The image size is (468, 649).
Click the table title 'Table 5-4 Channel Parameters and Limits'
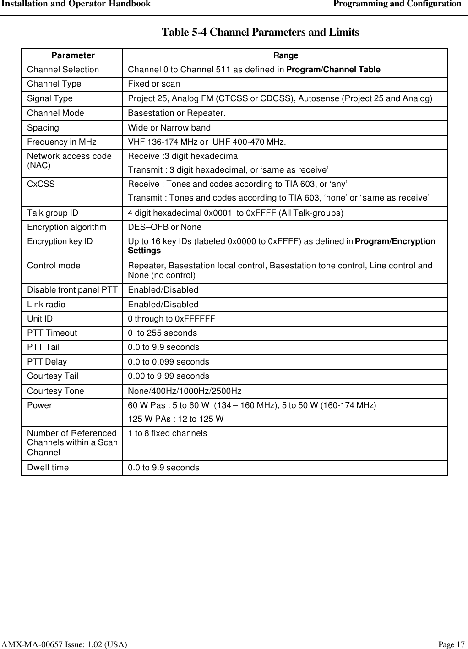click(x=260, y=33)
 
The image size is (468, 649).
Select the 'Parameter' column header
click(x=73, y=55)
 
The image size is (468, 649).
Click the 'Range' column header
click(x=285, y=55)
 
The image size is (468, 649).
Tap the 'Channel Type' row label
click(x=54, y=84)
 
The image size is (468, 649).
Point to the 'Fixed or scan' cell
click(x=154, y=84)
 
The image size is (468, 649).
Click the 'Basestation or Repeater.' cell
click(x=176, y=113)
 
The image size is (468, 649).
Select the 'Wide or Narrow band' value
click(x=169, y=128)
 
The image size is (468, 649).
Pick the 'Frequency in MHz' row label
click(x=61, y=142)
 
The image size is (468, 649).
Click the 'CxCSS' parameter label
click(x=41, y=184)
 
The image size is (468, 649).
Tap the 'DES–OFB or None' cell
click(x=164, y=227)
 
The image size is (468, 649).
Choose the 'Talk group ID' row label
click(x=53, y=213)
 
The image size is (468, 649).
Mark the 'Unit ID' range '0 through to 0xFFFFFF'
click(x=171, y=319)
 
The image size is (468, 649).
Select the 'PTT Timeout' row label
click(x=52, y=333)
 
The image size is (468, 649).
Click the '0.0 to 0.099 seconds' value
click(x=168, y=362)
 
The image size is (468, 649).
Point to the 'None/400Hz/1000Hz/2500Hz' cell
click(x=185, y=391)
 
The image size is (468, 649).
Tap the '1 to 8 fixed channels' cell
click(x=167, y=433)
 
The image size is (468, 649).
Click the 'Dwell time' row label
click(x=48, y=468)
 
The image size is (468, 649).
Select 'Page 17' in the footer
click(x=451, y=644)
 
